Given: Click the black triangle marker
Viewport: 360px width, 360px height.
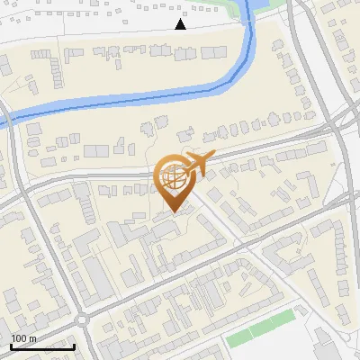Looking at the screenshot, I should pos(180,24).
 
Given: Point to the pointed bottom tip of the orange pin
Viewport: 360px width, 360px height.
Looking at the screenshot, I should pos(173,212).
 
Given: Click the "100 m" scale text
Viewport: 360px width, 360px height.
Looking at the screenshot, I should pos(23,337).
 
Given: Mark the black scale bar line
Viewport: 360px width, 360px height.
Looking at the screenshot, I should pos(42,346).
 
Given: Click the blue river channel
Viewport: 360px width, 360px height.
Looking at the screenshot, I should pos(135,98).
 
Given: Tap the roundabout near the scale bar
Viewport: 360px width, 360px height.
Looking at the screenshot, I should pos(83,319).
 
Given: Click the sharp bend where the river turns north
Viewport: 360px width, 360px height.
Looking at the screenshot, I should pos(241,67).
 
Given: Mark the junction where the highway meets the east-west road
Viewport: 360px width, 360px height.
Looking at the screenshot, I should pos(340,126).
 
